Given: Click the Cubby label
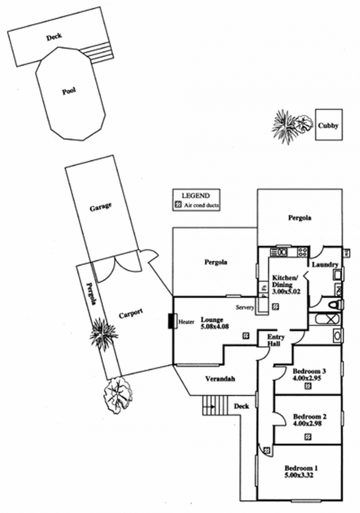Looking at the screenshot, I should [x=328, y=126].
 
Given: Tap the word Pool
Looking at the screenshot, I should [x=69, y=91].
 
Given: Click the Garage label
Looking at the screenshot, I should [x=100, y=207].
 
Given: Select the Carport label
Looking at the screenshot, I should [x=130, y=314].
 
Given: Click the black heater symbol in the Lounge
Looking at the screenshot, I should [x=171, y=321].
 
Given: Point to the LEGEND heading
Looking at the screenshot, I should [x=195, y=196].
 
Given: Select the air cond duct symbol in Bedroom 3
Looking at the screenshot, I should [x=308, y=386].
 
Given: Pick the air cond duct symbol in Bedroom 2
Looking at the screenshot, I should [x=308, y=436].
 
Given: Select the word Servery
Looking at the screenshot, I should [x=245, y=308].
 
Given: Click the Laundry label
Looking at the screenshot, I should [x=322, y=265].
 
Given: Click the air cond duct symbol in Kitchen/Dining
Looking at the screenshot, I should [x=275, y=305].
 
